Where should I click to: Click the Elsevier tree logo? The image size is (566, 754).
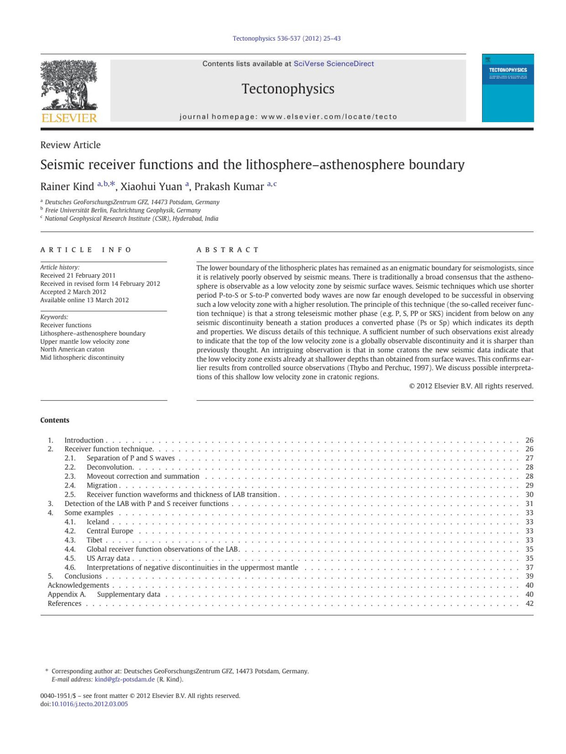pos(69,86)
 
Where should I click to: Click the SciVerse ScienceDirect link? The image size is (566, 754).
pos(333,64)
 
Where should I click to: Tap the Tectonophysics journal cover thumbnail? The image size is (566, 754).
pos(508,88)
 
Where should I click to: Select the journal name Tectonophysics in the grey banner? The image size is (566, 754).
pos(288,89)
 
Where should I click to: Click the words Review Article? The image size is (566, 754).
pos(70,145)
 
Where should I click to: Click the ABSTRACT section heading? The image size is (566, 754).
pos(228,249)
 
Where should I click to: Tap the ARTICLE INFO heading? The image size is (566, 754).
pos(86,249)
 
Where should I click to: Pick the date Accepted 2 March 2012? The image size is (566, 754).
pos(73,292)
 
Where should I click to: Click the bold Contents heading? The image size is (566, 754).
pos(55,420)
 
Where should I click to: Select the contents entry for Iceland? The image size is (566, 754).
pos(98,522)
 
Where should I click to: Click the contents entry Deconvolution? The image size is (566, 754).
pos(109,467)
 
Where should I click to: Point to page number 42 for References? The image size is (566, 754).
pos(529,604)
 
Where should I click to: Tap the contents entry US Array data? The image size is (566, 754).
pos(108,558)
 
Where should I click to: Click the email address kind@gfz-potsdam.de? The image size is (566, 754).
pos(125,679)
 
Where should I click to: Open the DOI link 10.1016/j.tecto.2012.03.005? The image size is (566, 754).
pos(90,704)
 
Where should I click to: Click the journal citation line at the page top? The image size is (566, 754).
pos(286,38)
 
